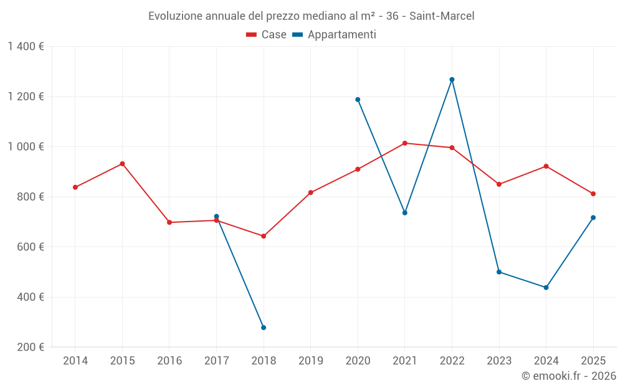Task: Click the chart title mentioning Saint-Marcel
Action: [x=311, y=16]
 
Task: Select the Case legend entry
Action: [x=267, y=35]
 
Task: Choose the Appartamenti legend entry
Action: [x=335, y=35]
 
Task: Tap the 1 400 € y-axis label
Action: [x=26, y=47]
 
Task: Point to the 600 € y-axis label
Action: [x=30, y=247]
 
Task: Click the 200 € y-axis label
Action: [x=30, y=347]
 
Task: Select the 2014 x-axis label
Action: [x=75, y=361]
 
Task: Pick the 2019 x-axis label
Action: [x=310, y=361]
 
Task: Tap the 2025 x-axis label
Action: [x=593, y=361]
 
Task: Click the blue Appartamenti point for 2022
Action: [x=452, y=80]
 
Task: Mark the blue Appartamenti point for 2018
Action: [x=264, y=327]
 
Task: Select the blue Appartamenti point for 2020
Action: [x=358, y=100]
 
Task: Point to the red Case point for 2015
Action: [x=122, y=164]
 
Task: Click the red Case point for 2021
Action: [x=405, y=143]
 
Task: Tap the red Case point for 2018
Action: [x=264, y=236]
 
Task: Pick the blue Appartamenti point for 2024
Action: [x=546, y=288]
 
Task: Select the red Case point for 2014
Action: [x=75, y=187]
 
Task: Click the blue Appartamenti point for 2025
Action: [x=593, y=217]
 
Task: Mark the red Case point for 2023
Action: [x=499, y=184]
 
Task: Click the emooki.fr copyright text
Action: [x=568, y=376]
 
